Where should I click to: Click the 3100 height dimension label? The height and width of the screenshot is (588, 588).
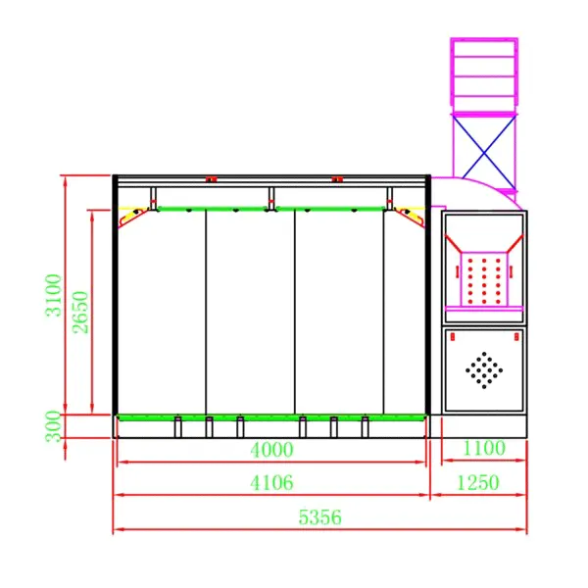pyautogui.click(x=53, y=296)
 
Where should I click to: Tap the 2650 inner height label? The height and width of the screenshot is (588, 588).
pyautogui.click(x=80, y=313)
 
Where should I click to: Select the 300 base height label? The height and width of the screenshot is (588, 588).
pyautogui.click(x=53, y=426)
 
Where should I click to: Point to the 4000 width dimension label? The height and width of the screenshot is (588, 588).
pyautogui.click(x=271, y=450)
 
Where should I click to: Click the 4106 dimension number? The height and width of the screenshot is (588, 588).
pyautogui.click(x=271, y=482)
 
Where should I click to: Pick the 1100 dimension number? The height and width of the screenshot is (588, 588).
pyautogui.click(x=484, y=448)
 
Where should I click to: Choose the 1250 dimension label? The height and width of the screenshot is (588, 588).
pyautogui.click(x=478, y=482)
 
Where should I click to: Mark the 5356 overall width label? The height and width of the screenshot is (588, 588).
pyautogui.click(x=319, y=517)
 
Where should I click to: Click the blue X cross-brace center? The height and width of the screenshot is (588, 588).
pyautogui.click(x=484, y=153)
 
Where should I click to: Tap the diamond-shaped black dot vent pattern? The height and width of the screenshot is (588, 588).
pyautogui.click(x=484, y=370)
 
